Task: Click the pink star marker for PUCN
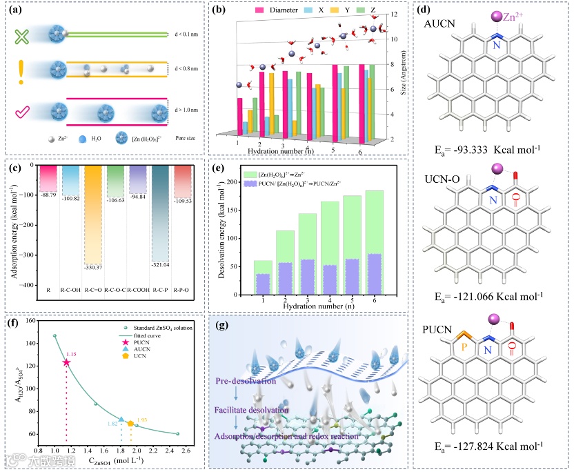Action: click(x=66, y=362)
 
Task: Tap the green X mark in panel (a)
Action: click(x=22, y=37)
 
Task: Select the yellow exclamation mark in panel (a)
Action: click(x=23, y=72)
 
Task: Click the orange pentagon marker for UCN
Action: click(x=130, y=423)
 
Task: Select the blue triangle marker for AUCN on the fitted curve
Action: click(x=121, y=419)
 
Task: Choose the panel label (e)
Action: click(x=219, y=167)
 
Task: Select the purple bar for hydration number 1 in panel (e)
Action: click(x=262, y=284)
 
